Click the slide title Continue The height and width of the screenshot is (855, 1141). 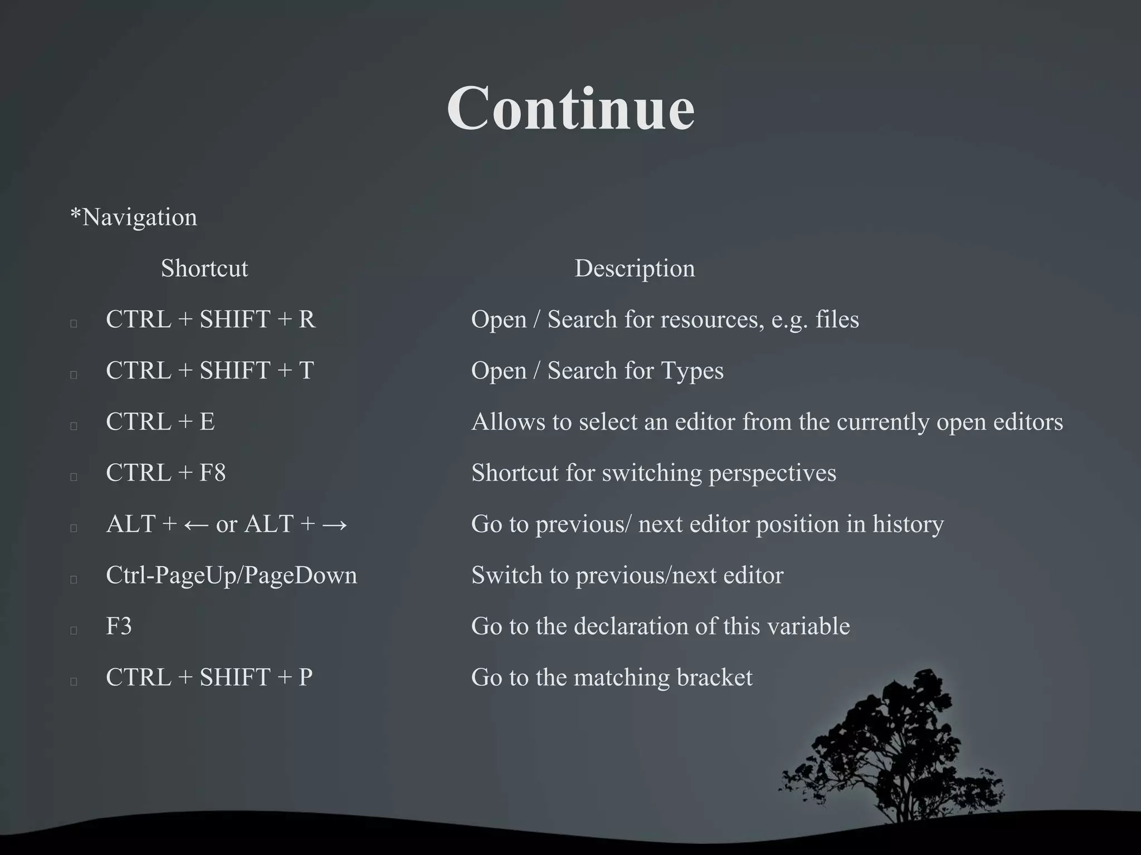(x=570, y=109)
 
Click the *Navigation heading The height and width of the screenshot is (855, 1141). (x=134, y=217)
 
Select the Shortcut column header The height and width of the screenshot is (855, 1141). (x=204, y=268)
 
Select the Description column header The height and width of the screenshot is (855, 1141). (x=635, y=268)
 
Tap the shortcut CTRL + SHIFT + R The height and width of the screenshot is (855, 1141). (x=211, y=320)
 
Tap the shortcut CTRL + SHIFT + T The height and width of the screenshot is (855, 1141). (x=210, y=371)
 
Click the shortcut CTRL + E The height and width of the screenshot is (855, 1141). (x=160, y=422)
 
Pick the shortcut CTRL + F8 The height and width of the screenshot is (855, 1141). (x=165, y=473)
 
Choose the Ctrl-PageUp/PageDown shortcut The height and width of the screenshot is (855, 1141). (x=231, y=575)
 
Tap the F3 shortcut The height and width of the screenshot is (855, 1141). (x=119, y=626)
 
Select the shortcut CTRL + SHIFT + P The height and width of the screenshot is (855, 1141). (x=209, y=677)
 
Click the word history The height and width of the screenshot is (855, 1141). (x=908, y=524)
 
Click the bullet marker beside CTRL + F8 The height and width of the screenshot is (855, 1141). (x=74, y=476)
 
